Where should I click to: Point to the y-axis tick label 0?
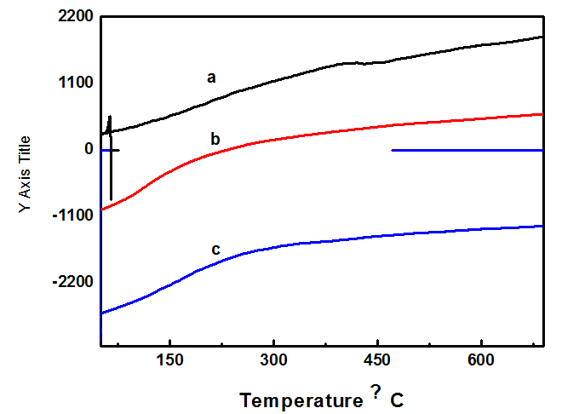tap(88, 149)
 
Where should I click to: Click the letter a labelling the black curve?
tap(211, 78)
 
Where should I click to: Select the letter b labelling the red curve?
tap(216, 138)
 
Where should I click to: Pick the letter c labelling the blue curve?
tap(215, 250)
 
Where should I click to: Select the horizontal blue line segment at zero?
tap(467, 151)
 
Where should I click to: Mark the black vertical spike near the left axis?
tap(111, 162)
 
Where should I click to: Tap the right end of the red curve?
tap(542, 114)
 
